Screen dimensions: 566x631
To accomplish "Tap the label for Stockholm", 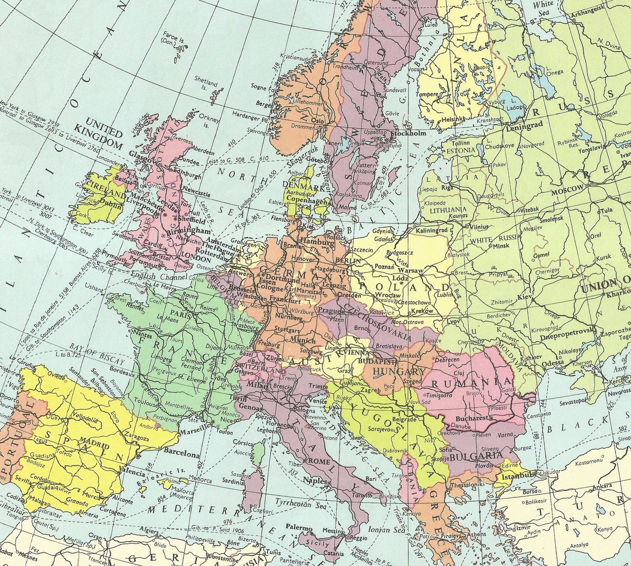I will pyautogui.click(x=408, y=133).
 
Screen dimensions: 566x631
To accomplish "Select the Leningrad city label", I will pyautogui.click(x=524, y=125).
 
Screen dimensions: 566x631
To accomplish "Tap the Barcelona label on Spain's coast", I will pyautogui.click(x=181, y=454).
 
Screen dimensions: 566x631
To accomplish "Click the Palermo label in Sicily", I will pyautogui.click(x=299, y=527).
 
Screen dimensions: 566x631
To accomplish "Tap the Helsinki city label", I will pyautogui.click(x=438, y=119).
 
